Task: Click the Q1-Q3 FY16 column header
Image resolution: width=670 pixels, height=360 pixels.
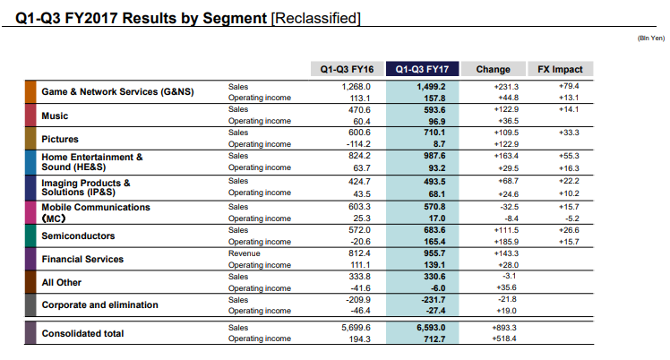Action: [349, 69]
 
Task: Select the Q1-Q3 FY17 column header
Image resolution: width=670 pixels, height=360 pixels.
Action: [422, 69]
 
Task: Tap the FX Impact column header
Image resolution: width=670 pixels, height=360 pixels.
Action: [561, 69]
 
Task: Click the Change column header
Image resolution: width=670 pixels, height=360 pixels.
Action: [494, 69]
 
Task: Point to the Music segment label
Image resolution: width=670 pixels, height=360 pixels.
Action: [55, 116]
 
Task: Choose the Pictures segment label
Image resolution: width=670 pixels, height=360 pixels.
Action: [60, 139]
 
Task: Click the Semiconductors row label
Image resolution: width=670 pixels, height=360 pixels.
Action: [78, 236]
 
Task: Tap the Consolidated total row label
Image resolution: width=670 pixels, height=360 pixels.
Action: [86, 333]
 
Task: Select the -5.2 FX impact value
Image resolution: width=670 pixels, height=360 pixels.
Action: [570, 217]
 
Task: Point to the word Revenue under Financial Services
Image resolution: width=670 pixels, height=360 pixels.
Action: [245, 253]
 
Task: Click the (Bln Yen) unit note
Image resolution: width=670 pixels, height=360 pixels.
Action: [649, 39]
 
